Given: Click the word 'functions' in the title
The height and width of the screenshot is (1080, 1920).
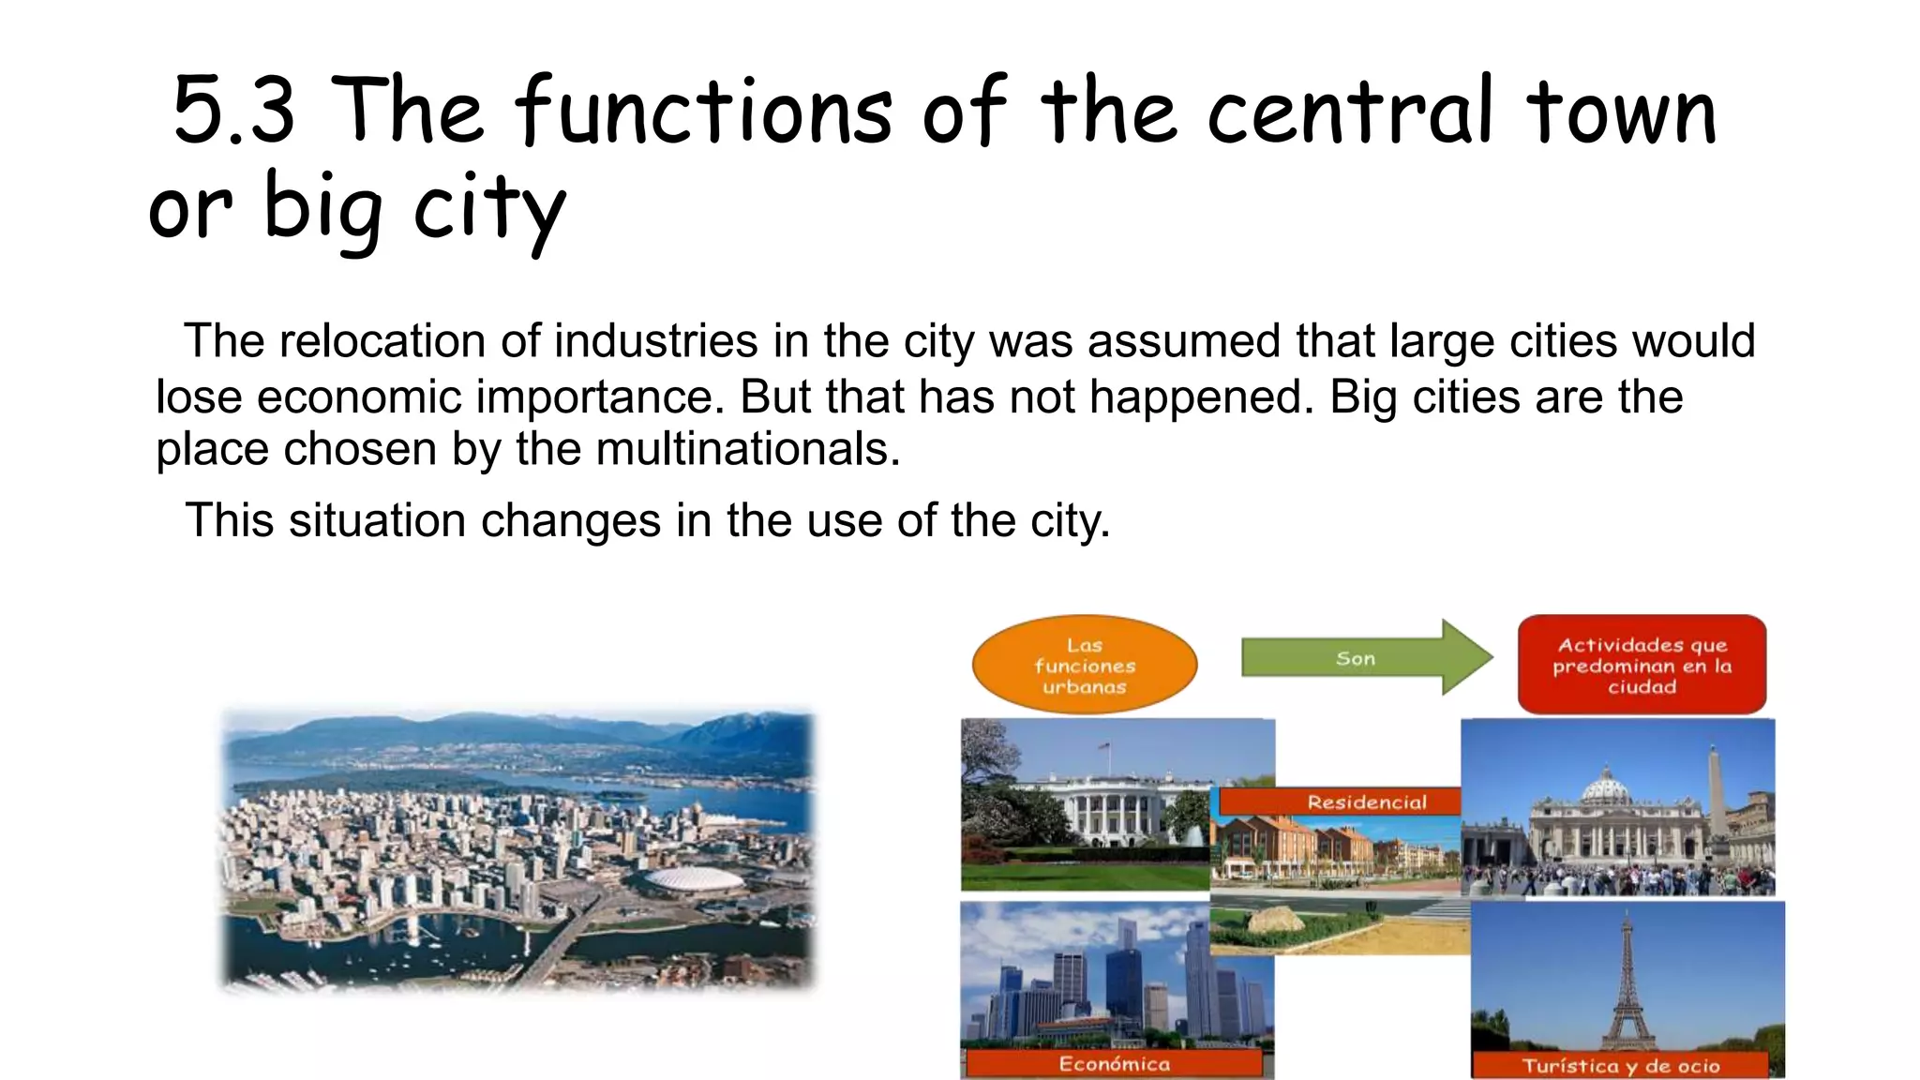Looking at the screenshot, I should [x=703, y=112].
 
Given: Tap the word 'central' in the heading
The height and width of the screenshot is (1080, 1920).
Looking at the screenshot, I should [x=1350, y=112].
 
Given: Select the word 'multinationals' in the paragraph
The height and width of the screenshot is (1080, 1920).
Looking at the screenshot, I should [x=746, y=449].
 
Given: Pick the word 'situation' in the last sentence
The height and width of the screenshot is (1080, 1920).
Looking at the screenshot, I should [x=377, y=520].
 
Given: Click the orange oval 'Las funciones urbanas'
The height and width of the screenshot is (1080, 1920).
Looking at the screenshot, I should [x=1085, y=666].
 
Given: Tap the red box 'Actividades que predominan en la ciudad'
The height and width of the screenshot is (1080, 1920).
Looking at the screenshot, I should [x=1642, y=666].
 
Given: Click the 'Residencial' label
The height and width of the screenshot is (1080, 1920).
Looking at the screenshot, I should [x=1366, y=802].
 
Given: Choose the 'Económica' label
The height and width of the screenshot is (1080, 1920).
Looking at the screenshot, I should [x=1114, y=1064].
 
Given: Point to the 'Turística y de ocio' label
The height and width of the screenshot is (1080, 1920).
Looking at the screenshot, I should [x=1620, y=1066].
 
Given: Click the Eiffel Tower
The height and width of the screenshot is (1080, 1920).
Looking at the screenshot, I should [x=1627, y=984].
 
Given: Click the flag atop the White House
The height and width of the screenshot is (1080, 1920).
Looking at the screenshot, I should [x=1104, y=747].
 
